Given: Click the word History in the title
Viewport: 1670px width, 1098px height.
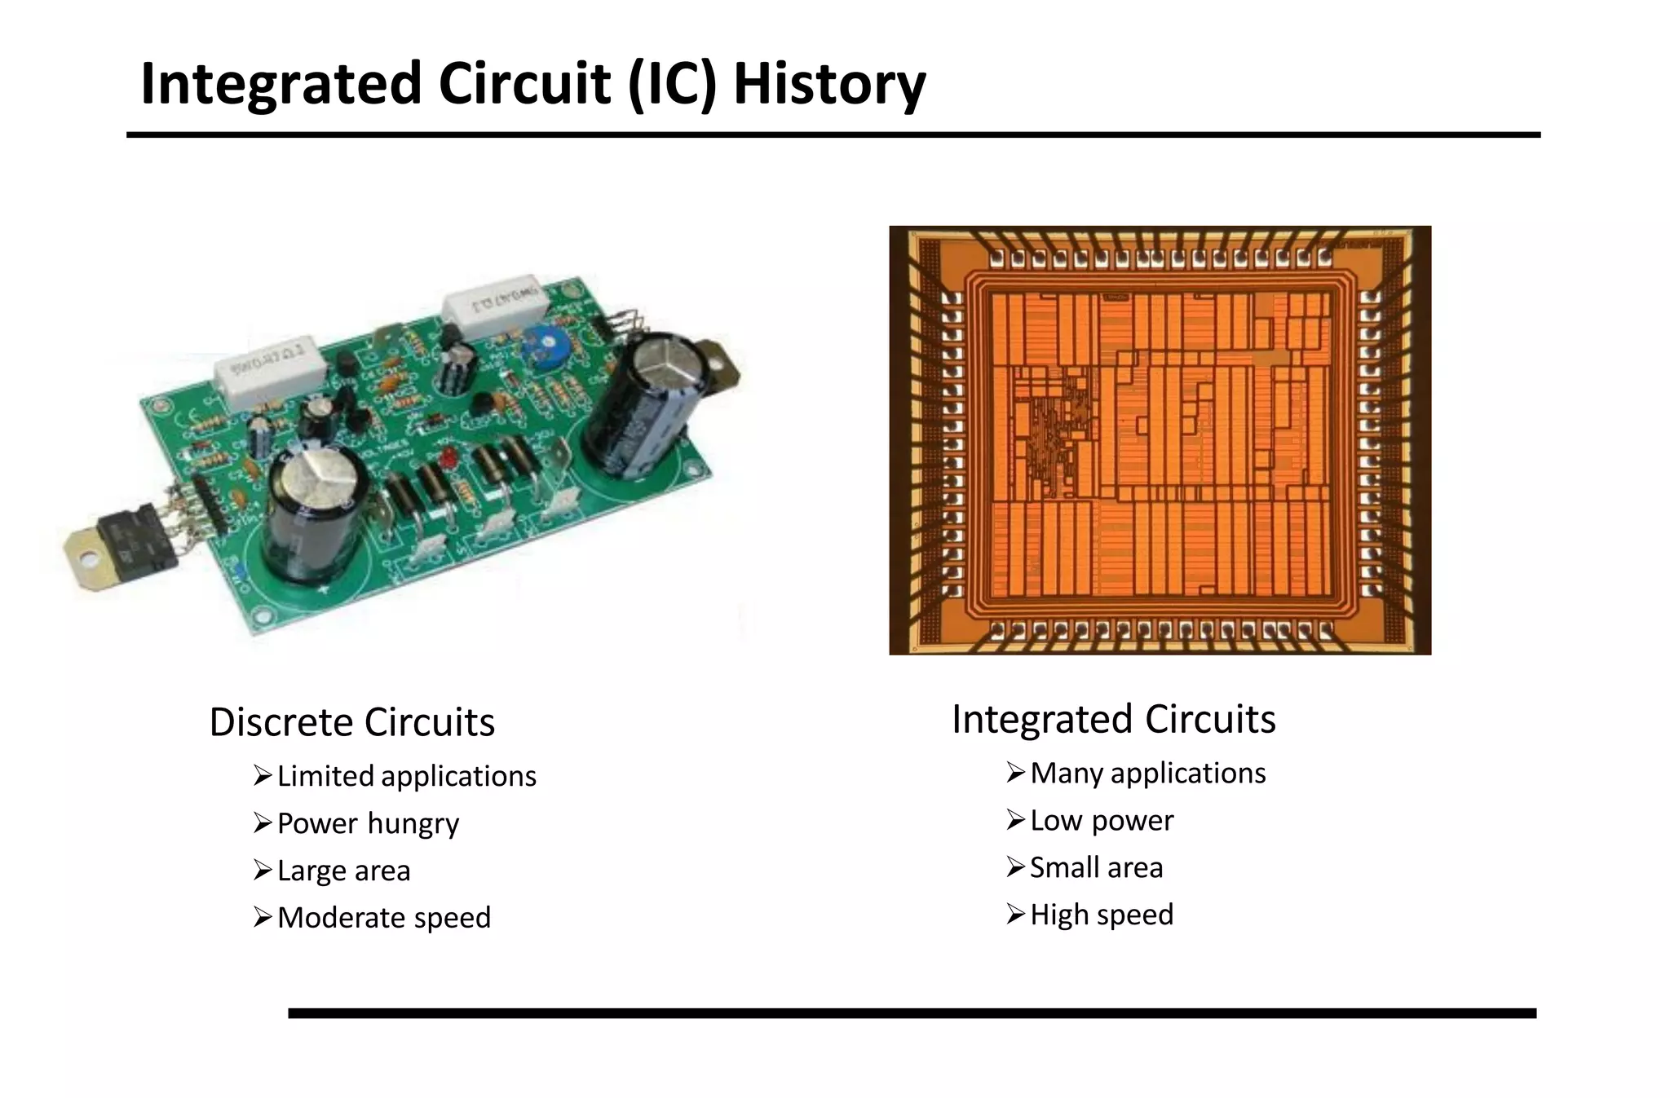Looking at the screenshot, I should click(x=829, y=84).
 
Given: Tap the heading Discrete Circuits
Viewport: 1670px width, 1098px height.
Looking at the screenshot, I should click(x=351, y=722).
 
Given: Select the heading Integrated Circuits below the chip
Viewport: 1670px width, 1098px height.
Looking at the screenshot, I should click(x=1113, y=719).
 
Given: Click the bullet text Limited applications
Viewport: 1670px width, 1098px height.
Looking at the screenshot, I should click(x=406, y=776).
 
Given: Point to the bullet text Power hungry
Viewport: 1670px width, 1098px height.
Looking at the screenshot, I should click(x=368, y=823).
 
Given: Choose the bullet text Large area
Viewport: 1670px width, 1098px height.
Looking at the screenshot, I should click(x=343, y=871).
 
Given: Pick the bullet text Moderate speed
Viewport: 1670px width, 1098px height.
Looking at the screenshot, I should click(x=383, y=918).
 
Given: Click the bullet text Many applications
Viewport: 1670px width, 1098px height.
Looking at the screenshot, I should click(x=1147, y=773).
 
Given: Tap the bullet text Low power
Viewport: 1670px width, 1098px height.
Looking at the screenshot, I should click(x=1101, y=820).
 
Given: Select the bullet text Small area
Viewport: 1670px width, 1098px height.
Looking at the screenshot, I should click(x=1096, y=867).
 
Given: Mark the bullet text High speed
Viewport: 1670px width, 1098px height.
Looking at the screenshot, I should click(x=1101, y=915).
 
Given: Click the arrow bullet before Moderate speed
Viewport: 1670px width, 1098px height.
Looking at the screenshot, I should click(x=262, y=918).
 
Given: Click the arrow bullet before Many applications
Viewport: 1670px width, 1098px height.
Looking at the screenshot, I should click(x=1015, y=772).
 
